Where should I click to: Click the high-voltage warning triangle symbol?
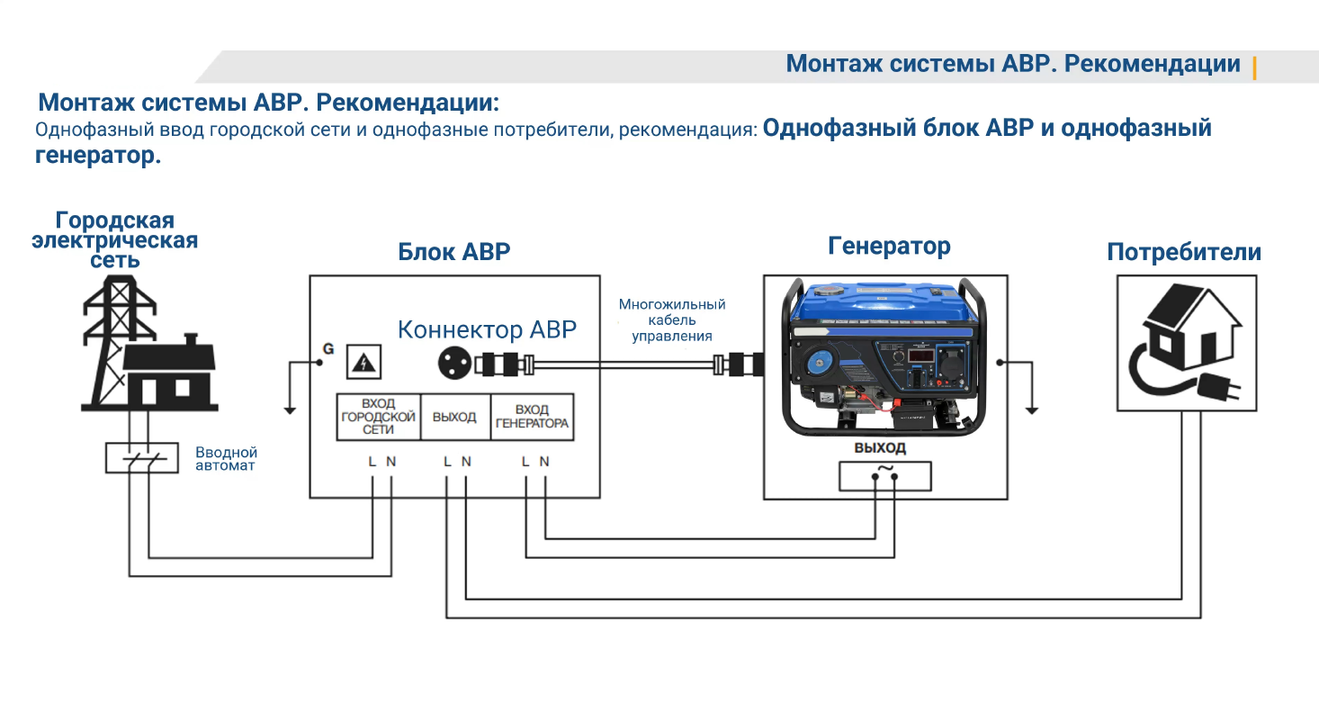[364, 362]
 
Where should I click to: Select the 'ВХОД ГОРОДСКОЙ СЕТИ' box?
[379, 418]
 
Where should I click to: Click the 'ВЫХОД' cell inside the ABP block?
[454, 418]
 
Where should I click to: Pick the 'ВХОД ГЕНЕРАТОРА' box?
[532, 418]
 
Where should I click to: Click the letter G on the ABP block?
[328, 349]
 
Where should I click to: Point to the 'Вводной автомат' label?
[227, 459]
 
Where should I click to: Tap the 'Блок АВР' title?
[453, 251]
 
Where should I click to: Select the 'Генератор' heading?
[889, 246]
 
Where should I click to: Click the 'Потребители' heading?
[1184, 252]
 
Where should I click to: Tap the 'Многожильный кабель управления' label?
[671, 320]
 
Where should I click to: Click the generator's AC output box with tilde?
[884, 476]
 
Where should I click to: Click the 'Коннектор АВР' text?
[487, 329]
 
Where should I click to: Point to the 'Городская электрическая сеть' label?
[114, 240]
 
